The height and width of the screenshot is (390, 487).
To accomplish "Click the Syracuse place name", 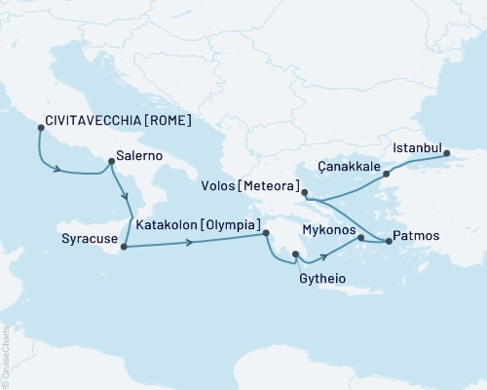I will (86, 239).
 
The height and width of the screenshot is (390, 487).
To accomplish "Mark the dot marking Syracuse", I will (124, 247).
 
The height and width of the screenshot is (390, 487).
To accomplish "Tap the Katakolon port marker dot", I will (266, 232).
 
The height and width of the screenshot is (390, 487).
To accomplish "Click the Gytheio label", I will (318, 278).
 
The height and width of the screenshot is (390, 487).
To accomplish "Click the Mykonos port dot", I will (361, 238).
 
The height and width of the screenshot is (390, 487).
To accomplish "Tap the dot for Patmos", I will (389, 240).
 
